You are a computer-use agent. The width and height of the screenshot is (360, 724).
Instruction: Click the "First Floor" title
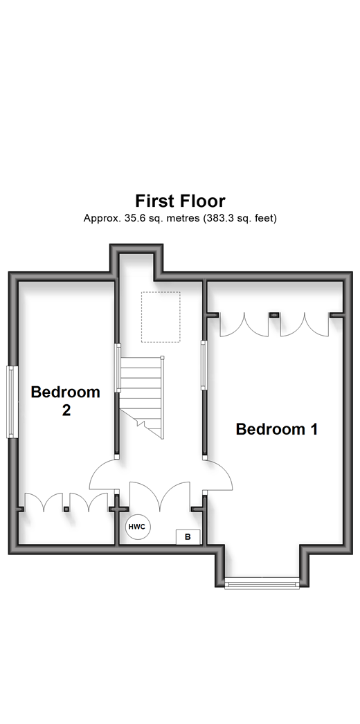click(180, 201)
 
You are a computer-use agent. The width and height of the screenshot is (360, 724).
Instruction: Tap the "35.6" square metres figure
click(130, 219)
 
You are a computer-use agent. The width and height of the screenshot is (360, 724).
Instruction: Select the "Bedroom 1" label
click(276, 429)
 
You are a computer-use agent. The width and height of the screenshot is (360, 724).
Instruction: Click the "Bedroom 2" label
click(66, 401)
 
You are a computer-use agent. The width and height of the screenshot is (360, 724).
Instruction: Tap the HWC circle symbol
click(138, 526)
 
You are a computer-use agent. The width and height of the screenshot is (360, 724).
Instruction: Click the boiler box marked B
click(188, 537)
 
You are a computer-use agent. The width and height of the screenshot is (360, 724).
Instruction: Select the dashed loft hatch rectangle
click(161, 317)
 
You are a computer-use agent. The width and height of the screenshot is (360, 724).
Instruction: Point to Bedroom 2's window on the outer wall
click(12, 401)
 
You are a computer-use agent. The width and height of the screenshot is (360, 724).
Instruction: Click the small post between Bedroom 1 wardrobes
click(275, 315)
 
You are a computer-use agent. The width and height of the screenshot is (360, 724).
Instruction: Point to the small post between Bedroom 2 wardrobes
click(66, 509)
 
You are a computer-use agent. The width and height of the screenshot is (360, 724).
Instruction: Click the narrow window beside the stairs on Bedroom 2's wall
click(118, 368)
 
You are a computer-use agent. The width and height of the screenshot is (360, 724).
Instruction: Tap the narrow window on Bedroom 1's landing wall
click(203, 365)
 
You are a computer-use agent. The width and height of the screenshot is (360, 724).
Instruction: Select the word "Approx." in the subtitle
click(100, 219)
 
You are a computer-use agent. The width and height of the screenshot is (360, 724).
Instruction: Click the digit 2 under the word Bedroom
click(66, 410)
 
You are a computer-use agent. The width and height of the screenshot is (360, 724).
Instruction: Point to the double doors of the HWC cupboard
click(160, 497)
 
